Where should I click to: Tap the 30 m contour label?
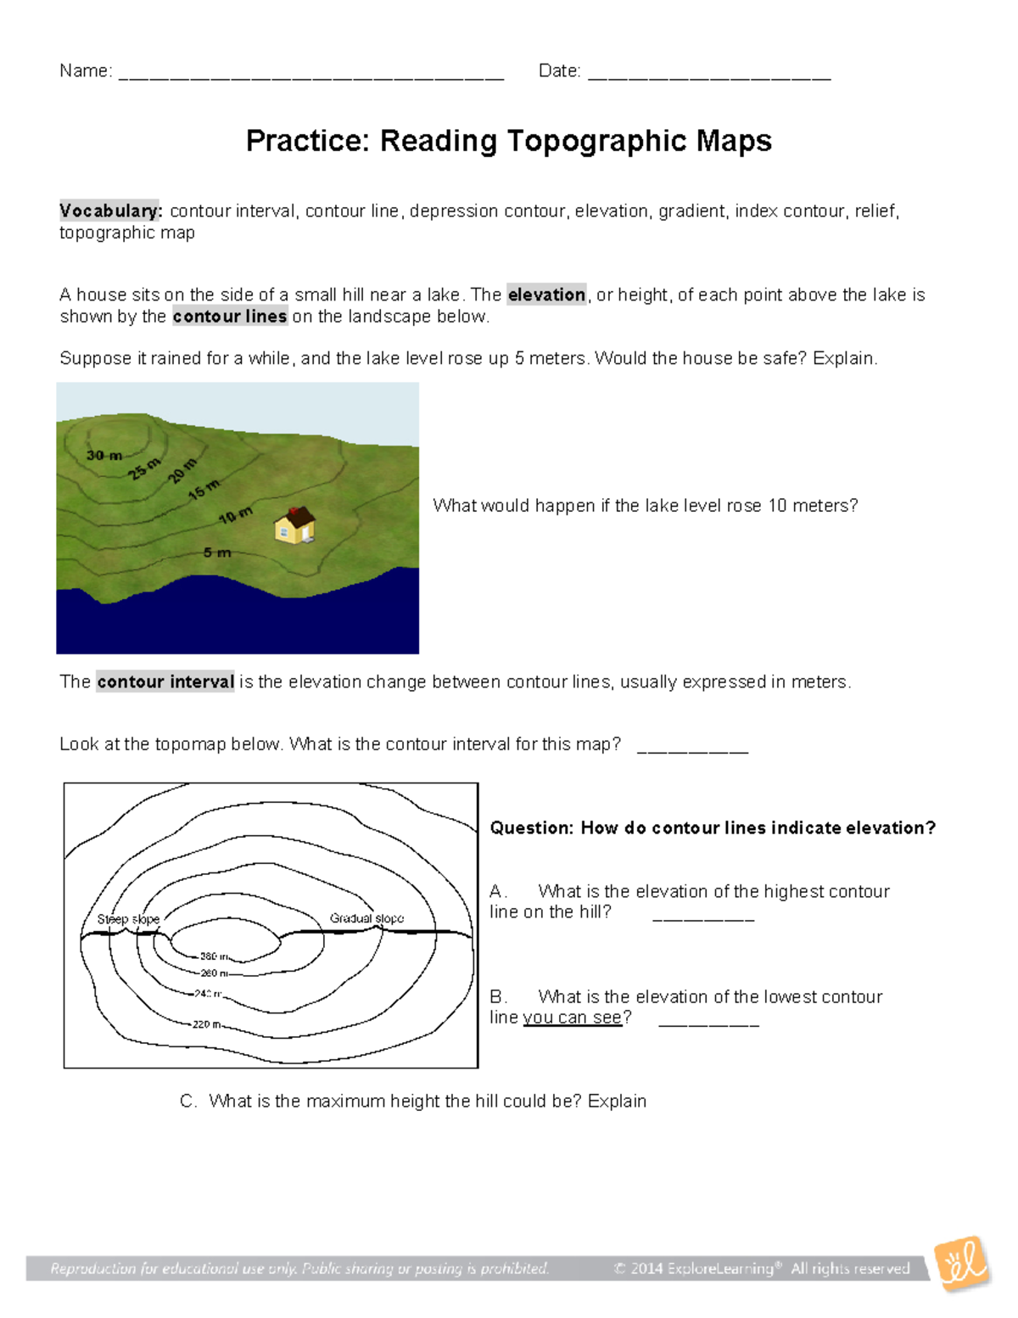[104, 456]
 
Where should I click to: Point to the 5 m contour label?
[217, 552]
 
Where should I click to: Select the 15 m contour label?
[204, 489]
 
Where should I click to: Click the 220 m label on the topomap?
[206, 1024]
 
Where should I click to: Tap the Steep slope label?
[128, 919]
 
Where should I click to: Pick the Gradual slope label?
[366, 918]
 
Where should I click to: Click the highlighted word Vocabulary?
[109, 210]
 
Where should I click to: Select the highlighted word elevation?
[546, 294]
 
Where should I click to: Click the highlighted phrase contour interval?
[165, 681]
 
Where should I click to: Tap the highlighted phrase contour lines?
[230, 317]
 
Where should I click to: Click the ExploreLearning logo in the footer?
[962, 1264]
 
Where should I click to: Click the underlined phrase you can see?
[573, 1018]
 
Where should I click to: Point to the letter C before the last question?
[187, 1102]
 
